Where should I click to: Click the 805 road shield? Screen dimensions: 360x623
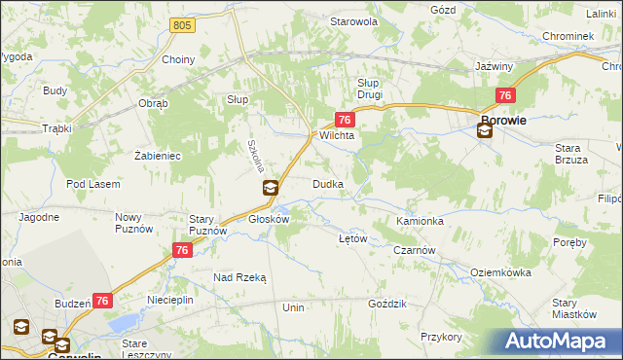pyautogui.click(x=180, y=24)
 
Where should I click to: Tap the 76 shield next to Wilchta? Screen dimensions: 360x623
pyautogui.click(x=344, y=119)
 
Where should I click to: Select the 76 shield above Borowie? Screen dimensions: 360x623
pyautogui.click(x=505, y=95)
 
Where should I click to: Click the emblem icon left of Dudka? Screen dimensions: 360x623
pyautogui.click(x=271, y=188)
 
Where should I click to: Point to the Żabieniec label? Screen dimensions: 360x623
pyautogui.click(x=158, y=154)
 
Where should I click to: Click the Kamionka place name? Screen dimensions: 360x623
pyautogui.click(x=420, y=221)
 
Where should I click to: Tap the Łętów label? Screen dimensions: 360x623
pyautogui.click(x=351, y=238)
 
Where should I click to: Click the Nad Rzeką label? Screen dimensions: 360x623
pyautogui.click(x=239, y=277)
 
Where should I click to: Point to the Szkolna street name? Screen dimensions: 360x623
pyautogui.click(x=255, y=155)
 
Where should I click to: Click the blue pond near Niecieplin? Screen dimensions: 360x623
pyautogui.click(x=124, y=323)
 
